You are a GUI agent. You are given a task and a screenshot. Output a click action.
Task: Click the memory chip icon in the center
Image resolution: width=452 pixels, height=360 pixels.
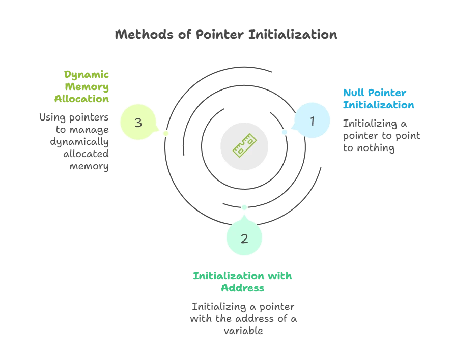tap(244, 144)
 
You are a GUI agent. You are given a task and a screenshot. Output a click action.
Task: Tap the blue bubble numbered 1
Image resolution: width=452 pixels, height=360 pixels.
tap(312, 121)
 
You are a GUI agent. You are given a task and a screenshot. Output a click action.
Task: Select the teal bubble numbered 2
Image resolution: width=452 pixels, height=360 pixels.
tap(244, 238)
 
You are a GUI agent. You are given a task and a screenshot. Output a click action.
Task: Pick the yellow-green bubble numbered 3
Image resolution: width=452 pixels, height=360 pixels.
tap(138, 122)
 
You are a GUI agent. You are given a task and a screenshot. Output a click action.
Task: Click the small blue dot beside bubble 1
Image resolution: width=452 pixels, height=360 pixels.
tap(285, 133)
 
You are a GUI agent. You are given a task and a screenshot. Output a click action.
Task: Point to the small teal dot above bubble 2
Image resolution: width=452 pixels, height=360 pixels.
tap(244, 207)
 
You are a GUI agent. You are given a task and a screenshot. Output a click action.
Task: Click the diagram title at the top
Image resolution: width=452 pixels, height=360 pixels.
tap(225, 35)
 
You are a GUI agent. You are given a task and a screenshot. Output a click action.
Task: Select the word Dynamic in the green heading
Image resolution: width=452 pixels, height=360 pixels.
tap(86, 75)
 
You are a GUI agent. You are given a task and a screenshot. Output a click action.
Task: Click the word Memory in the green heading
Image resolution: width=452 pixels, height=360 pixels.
tap(89, 87)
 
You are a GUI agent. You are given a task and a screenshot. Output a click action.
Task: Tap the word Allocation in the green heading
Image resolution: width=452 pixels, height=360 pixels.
tap(82, 99)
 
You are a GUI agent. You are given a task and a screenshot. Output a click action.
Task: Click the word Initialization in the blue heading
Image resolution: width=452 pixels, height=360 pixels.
tap(378, 105)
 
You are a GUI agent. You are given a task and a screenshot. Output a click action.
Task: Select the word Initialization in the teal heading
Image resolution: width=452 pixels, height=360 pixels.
tap(225, 276)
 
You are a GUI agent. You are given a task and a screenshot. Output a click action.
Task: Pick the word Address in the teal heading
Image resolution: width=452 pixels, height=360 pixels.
tap(243, 288)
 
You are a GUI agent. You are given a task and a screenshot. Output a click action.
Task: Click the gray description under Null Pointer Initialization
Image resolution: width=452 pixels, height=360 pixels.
tap(382, 136)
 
